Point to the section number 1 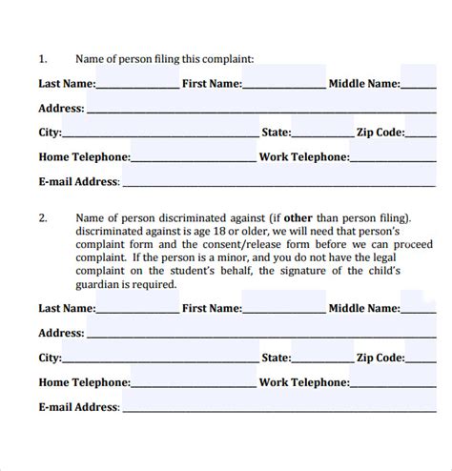[x=42, y=59]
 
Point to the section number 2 [x=42, y=217]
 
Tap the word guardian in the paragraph [x=100, y=284]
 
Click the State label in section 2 [x=276, y=358]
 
